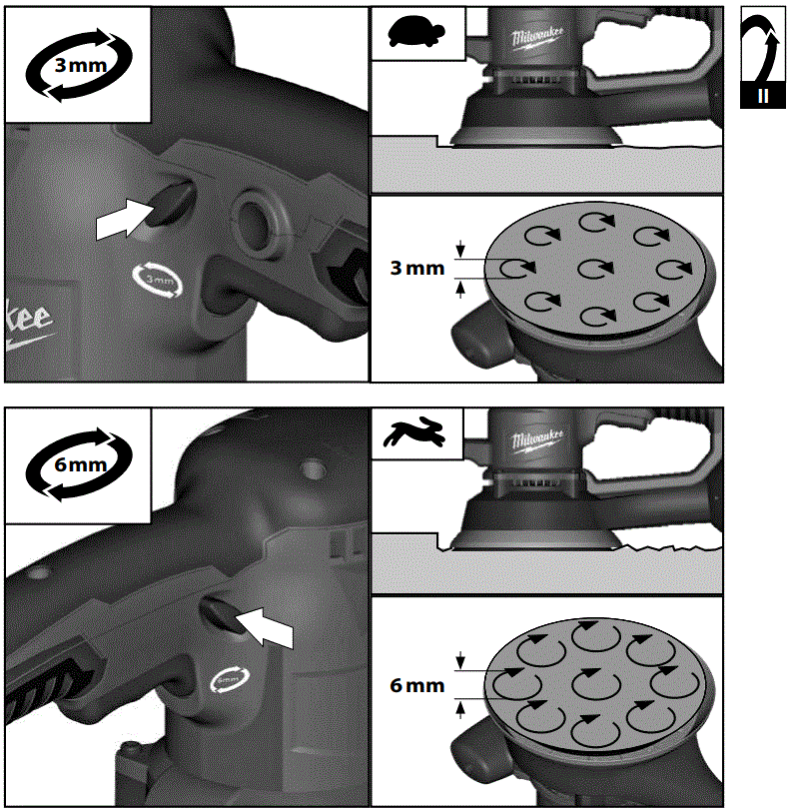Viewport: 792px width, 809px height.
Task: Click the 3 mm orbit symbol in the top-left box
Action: [x=77, y=67]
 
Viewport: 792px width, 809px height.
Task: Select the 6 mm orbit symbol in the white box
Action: [x=77, y=465]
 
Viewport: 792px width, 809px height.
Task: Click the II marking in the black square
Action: [x=762, y=97]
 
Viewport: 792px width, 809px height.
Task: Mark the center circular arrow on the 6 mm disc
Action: [x=596, y=685]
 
